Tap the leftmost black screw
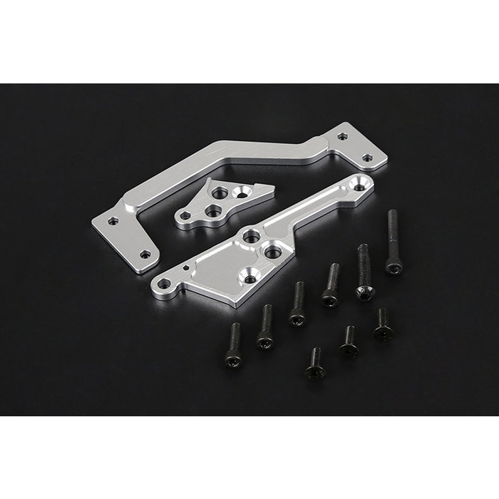tap(234, 349)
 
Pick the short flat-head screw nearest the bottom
tap(315, 365)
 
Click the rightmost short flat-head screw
tap(383, 325)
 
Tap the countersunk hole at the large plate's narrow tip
tap(359, 187)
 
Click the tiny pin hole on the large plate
tap(187, 268)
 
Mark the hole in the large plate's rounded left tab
tap(165, 284)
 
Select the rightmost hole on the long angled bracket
tap(367, 158)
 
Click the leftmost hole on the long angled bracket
tap(113, 221)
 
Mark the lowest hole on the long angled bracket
tap(145, 254)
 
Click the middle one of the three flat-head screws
tap(348, 341)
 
